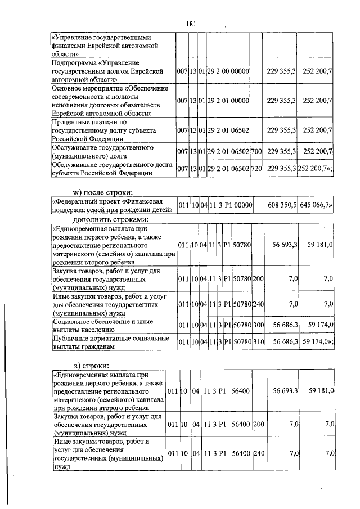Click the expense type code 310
pyautogui.click(x=259, y=341)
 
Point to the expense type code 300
pyautogui.click(x=259, y=325)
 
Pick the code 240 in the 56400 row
pyautogui.click(x=259, y=453)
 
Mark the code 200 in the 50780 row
pyautogui.click(x=259, y=278)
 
